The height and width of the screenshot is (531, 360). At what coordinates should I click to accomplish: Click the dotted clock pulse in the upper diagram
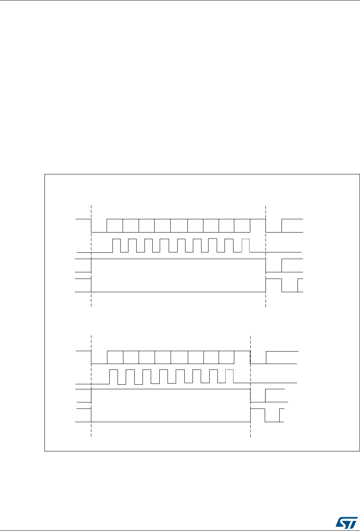tap(245, 245)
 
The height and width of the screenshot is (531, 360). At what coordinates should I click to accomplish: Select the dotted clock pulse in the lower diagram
tap(229, 376)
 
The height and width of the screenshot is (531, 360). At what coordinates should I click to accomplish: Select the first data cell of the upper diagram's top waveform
tap(115, 226)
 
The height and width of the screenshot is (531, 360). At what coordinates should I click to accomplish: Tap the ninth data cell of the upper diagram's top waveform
tap(242, 226)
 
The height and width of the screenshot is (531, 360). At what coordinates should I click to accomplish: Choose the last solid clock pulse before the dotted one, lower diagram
tap(213, 376)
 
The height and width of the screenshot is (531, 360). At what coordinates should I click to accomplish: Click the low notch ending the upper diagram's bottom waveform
tap(290, 286)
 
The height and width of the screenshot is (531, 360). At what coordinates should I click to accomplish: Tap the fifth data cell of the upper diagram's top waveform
tap(179, 226)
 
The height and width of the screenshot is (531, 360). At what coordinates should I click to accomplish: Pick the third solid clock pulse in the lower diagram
tap(146, 376)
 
